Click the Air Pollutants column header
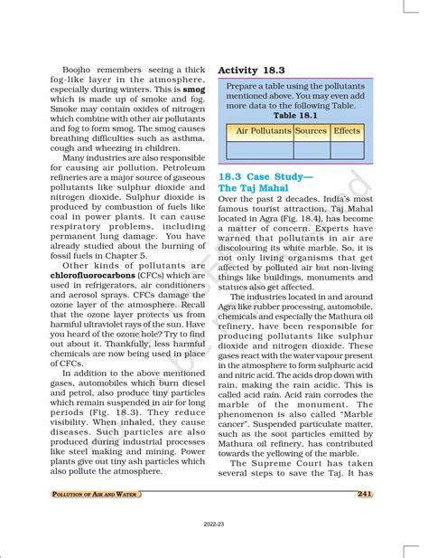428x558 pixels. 263,131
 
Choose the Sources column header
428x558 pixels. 311,131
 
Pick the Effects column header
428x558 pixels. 347,131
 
